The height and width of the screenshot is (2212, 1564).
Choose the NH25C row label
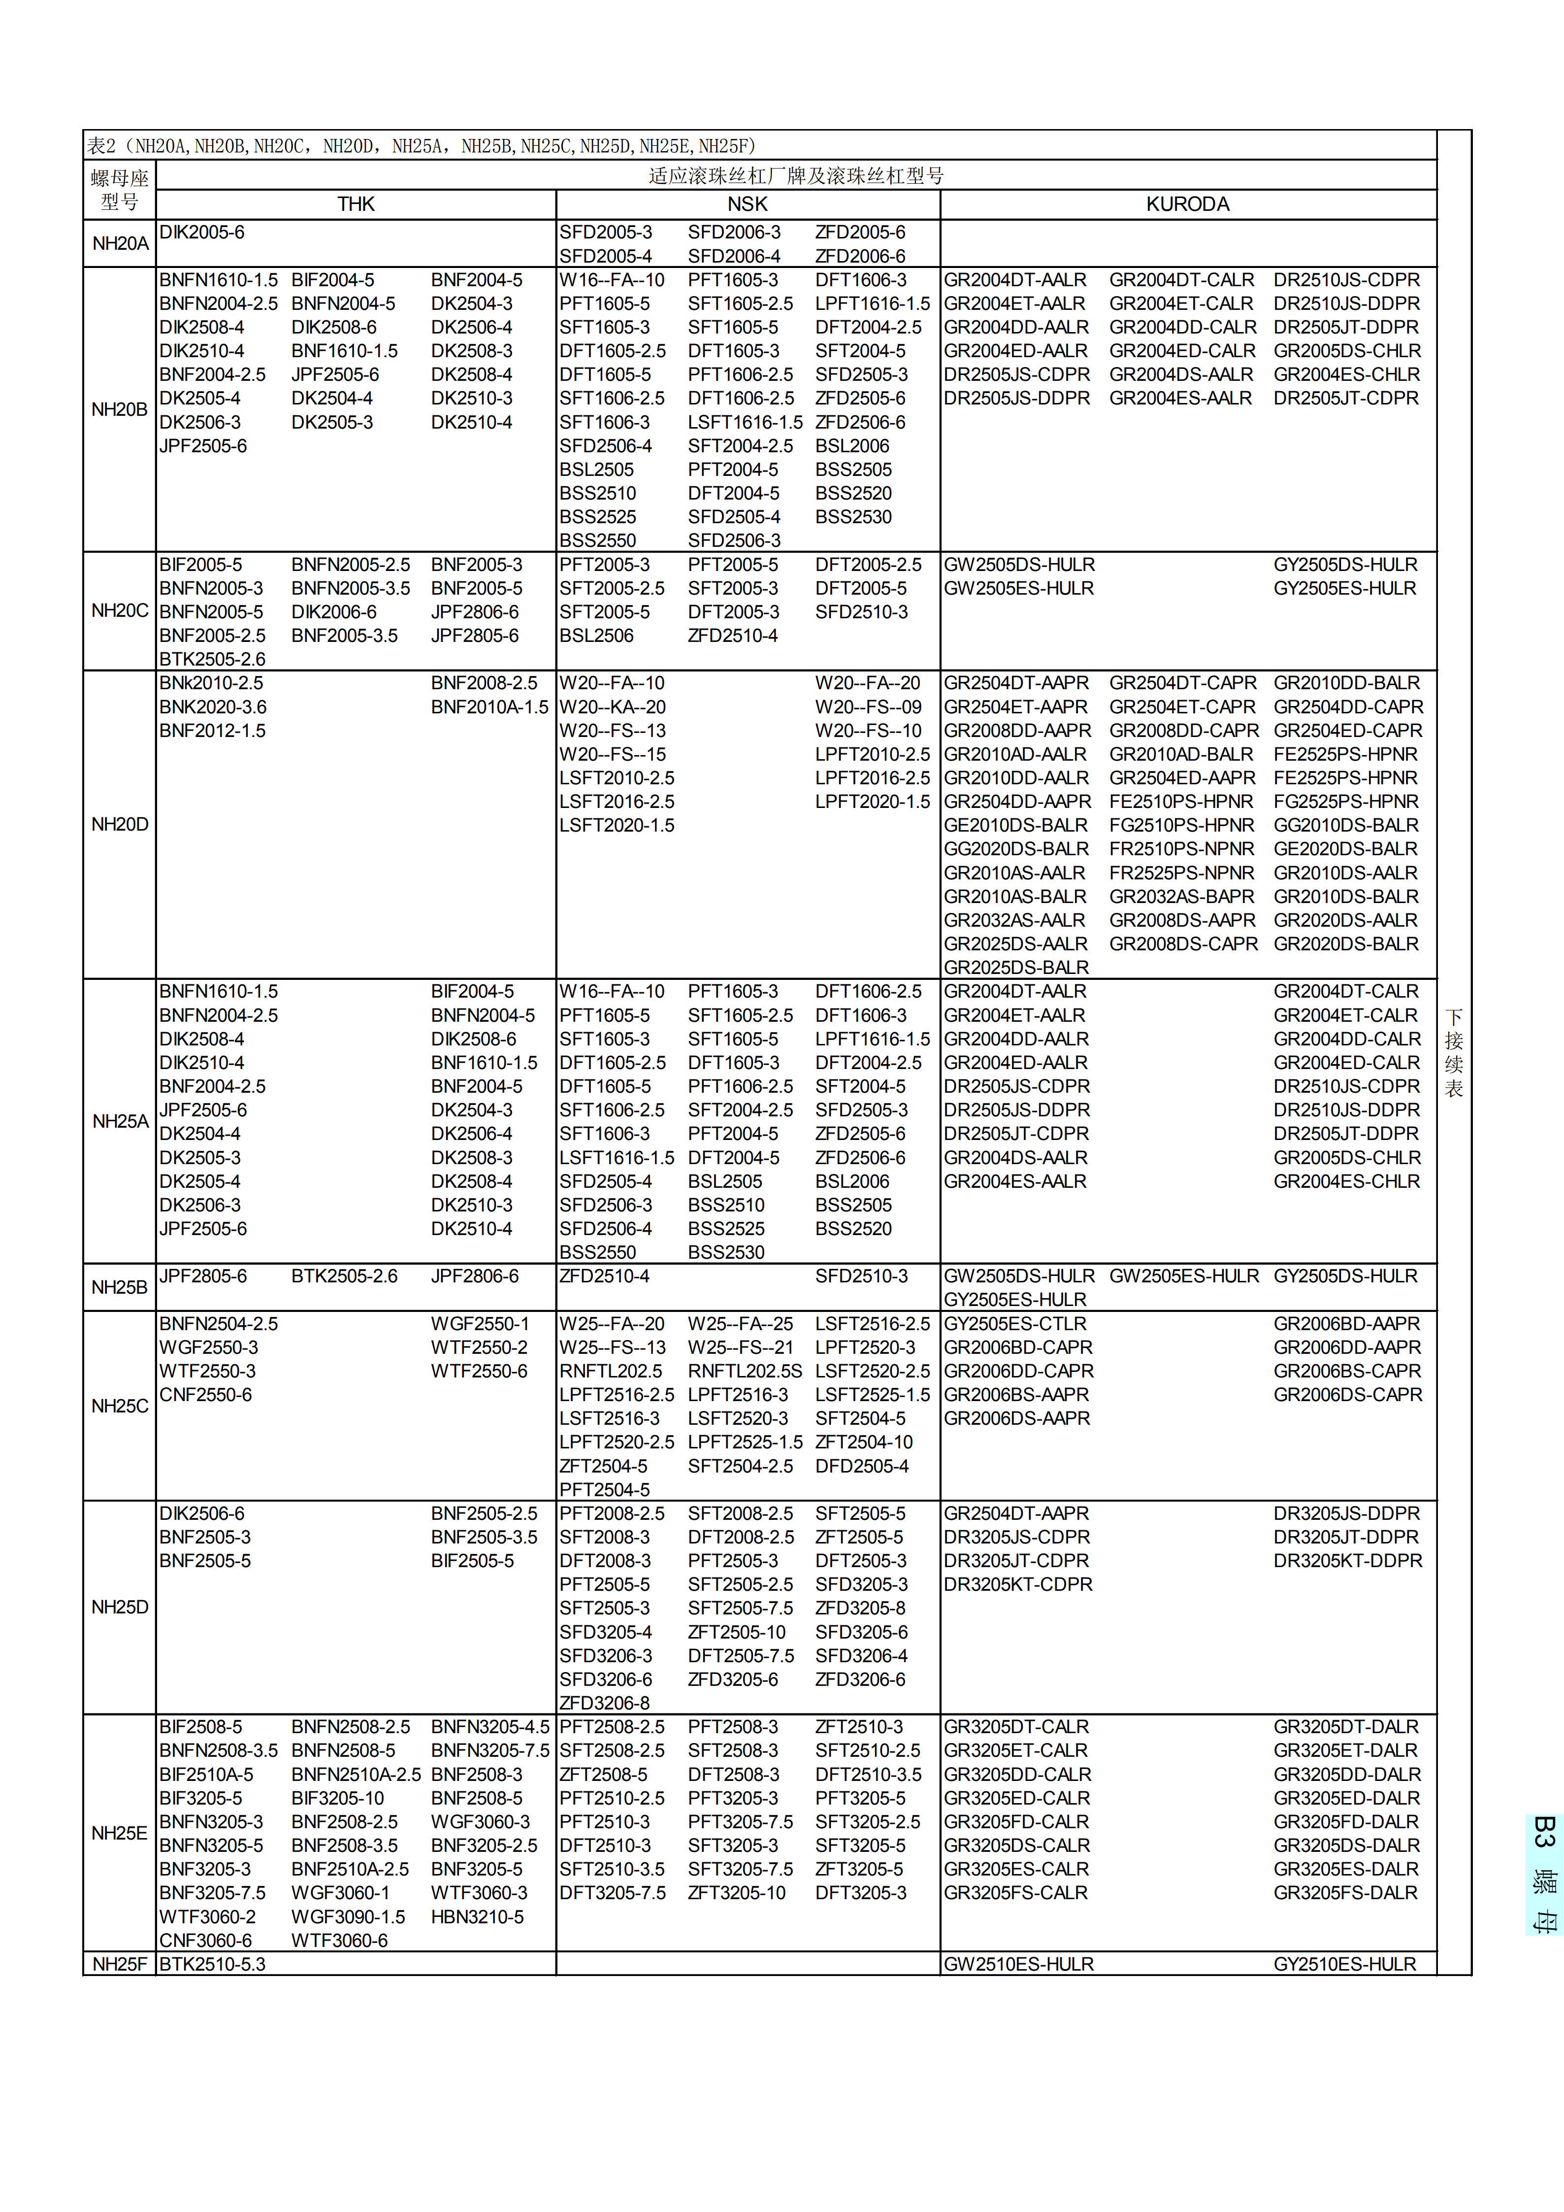point(120,1406)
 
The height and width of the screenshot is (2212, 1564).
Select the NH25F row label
point(120,1963)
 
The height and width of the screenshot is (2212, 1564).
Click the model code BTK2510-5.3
point(212,1963)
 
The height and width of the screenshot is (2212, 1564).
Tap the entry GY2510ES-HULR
point(1344,1963)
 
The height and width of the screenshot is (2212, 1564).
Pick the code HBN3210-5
point(477,1916)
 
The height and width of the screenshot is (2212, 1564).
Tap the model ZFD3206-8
point(605,1703)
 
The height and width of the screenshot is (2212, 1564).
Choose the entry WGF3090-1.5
point(348,1916)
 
